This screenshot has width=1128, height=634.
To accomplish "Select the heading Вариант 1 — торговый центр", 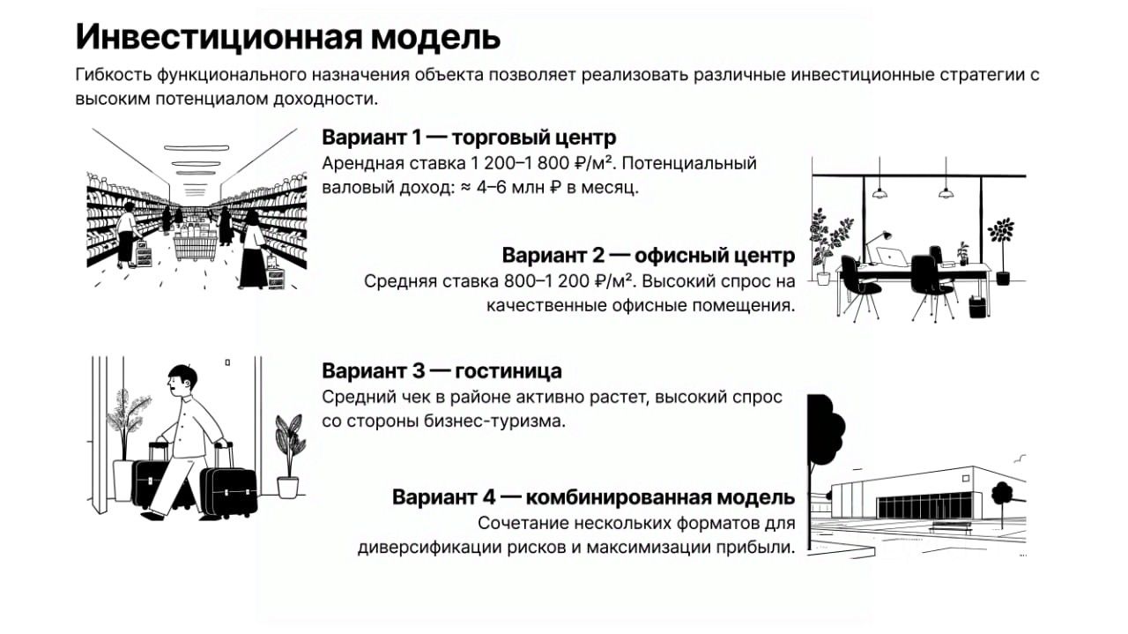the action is tap(469, 137).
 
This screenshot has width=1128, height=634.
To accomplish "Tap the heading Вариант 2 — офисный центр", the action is tap(649, 256).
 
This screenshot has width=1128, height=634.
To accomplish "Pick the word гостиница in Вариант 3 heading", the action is tap(508, 371).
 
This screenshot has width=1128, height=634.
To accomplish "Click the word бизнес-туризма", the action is tap(494, 421).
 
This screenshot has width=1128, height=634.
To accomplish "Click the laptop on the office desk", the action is tap(891, 257).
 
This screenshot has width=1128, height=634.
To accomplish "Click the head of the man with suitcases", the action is tap(182, 381).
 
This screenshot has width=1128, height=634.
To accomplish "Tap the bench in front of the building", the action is tap(951, 527).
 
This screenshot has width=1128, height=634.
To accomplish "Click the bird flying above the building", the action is tap(1021, 458).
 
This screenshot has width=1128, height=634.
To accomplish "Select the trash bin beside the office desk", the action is tap(977, 306).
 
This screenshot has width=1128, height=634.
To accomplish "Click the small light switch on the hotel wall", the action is tap(227, 362).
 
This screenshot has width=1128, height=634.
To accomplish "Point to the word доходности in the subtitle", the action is tap(325, 99).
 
